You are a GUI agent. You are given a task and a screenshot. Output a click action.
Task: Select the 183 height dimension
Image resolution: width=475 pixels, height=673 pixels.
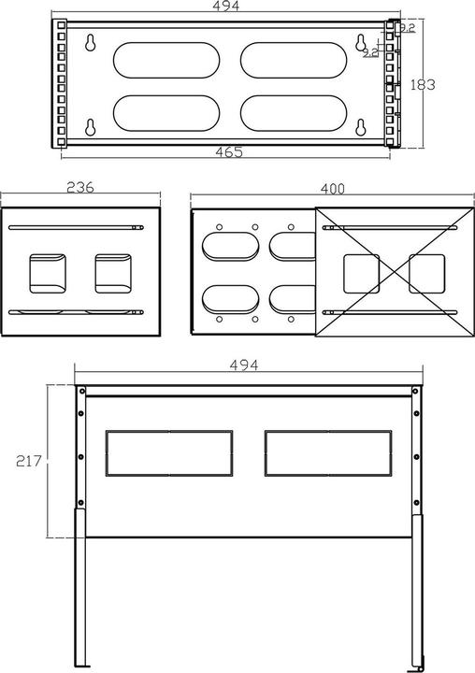click(424, 84)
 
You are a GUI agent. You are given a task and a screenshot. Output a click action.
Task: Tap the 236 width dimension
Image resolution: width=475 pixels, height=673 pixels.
click(80, 187)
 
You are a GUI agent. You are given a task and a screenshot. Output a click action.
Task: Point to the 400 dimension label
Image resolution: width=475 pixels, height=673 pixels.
click(331, 189)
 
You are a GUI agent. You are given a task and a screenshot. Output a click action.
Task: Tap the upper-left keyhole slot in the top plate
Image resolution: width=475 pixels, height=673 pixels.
click(90, 43)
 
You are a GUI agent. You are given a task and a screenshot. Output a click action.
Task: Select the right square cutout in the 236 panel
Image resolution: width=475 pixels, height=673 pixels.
click(112, 271)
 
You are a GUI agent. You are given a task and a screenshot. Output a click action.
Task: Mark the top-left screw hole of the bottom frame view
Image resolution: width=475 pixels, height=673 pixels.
click(82, 392)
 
